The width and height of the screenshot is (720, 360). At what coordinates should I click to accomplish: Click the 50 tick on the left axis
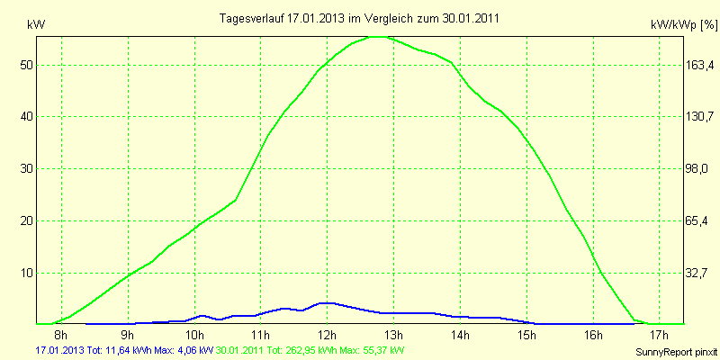[x=27, y=65]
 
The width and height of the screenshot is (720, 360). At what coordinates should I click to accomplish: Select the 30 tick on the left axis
[x=27, y=169]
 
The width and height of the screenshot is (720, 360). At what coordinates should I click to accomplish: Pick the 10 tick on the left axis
[x=27, y=273]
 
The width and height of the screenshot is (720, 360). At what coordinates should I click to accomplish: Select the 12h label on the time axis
[x=327, y=336]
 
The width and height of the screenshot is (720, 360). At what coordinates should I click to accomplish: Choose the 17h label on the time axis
[x=658, y=336]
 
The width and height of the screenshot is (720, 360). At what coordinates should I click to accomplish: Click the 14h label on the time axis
[x=459, y=336]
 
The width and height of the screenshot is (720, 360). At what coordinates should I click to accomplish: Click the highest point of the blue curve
[x=326, y=303]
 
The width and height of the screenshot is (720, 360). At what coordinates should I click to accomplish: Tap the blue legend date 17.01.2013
[x=59, y=349]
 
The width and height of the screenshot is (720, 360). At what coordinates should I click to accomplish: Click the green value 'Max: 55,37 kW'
[x=373, y=349]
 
